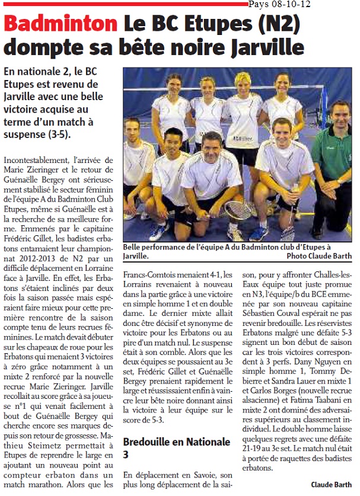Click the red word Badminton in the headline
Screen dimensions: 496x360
click(60, 24)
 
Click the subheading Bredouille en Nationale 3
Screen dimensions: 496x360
click(176, 448)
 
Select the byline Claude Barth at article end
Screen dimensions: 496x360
click(331, 484)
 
